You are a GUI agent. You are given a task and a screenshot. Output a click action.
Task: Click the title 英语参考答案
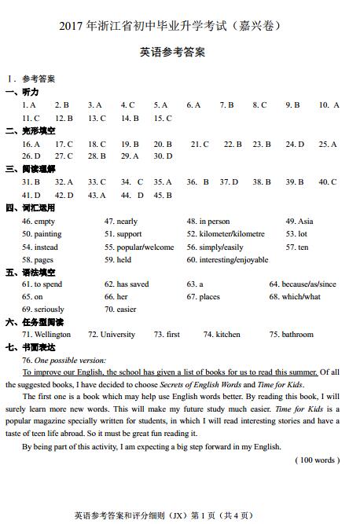(x=172, y=53)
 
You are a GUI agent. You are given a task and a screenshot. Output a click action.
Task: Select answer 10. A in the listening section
(x=329, y=105)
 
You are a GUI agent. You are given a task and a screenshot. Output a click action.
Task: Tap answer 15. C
(x=163, y=119)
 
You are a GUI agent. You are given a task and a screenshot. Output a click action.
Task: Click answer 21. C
(x=200, y=145)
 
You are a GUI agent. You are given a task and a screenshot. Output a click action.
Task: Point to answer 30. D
(x=163, y=156)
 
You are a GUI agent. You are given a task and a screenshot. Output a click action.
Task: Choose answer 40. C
(x=328, y=182)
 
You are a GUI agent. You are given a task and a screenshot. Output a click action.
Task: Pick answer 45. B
(x=163, y=195)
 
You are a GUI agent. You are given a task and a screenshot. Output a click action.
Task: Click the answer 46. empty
(x=39, y=222)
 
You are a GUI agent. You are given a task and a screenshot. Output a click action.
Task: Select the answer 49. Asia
(x=299, y=222)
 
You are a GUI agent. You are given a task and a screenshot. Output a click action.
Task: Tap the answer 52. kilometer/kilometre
(x=226, y=234)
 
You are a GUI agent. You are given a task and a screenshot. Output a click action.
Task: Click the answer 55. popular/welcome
(x=139, y=247)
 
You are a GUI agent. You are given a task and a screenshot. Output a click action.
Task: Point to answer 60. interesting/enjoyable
(x=227, y=259)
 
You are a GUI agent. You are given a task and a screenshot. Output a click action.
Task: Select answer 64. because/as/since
(x=303, y=284)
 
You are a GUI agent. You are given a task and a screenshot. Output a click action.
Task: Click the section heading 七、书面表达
(x=31, y=347)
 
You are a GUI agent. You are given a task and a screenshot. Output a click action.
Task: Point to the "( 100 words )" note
(x=317, y=460)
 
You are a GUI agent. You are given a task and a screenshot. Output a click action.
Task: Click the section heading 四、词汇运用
(x=31, y=208)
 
